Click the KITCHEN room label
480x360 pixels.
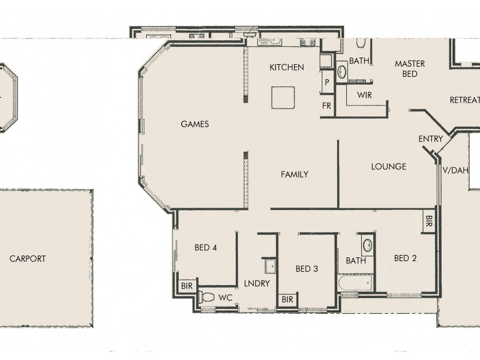pyautogui.click(x=286, y=67)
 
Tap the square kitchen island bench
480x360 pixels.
pyautogui.click(x=283, y=98)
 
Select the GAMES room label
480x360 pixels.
pyautogui.click(x=194, y=124)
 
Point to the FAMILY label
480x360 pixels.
pyautogui.click(x=294, y=175)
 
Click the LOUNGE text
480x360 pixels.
pyautogui.click(x=388, y=166)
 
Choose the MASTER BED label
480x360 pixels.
pyautogui.click(x=410, y=68)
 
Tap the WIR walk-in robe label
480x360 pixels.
pyautogui.click(x=365, y=95)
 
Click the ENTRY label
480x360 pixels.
pyautogui.click(x=430, y=139)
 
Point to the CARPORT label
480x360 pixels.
pyautogui.click(x=28, y=259)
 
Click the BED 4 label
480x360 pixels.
pyautogui.click(x=206, y=247)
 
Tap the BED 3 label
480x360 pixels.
pyautogui.click(x=307, y=269)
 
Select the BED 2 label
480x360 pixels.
pyautogui.click(x=405, y=259)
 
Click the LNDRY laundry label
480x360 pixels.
pyautogui.click(x=257, y=283)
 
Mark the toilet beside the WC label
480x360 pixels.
pyautogui.click(x=206, y=296)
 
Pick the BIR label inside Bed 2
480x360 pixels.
pyautogui.click(x=429, y=219)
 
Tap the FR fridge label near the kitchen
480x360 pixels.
pyautogui.click(x=327, y=105)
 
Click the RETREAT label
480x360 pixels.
pyautogui.click(x=465, y=101)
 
